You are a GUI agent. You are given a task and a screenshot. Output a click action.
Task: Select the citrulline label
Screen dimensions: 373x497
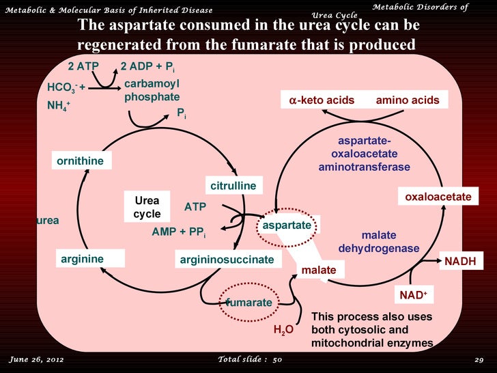tap(233, 186)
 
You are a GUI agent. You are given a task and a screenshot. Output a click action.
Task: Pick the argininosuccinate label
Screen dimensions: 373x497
tap(227, 260)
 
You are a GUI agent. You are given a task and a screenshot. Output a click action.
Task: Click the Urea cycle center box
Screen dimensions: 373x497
tap(147, 207)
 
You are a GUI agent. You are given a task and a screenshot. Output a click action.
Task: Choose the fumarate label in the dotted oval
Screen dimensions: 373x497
tap(249, 301)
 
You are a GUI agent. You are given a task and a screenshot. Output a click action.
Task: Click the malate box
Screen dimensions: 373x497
tap(319, 271)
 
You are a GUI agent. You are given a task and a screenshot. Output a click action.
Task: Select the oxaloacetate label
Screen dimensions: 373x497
tap(438, 197)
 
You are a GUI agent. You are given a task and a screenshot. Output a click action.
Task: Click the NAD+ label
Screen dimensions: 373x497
tap(412, 295)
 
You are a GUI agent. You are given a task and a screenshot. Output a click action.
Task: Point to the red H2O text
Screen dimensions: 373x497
tap(283, 330)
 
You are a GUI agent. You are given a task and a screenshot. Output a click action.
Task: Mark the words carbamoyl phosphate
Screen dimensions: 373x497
tap(152, 90)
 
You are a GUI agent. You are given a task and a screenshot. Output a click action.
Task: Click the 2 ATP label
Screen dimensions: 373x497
tap(83, 66)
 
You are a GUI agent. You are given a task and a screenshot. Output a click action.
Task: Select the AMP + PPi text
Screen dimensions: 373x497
tap(178, 232)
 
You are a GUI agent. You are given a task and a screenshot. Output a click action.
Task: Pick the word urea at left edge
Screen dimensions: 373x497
tap(47, 221)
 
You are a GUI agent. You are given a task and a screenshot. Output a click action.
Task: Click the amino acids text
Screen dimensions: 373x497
tap(407, 100)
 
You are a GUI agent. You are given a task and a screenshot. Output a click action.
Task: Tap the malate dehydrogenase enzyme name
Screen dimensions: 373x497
tap(378, 241)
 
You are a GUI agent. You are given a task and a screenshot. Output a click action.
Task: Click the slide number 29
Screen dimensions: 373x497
tap(479, 359)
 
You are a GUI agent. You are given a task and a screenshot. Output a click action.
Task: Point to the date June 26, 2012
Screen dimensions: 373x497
tap(36, 359)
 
